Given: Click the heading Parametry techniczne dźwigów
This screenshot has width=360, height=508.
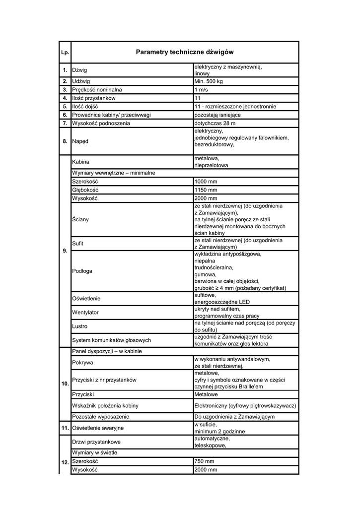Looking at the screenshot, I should (184, 52).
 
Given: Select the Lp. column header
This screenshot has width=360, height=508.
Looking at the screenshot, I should (65, 53).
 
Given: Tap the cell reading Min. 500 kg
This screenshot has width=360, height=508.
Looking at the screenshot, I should (209, 81).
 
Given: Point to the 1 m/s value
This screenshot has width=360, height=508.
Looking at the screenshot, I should (201, 90).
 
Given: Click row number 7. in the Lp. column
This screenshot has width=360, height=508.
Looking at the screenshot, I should (65, 123).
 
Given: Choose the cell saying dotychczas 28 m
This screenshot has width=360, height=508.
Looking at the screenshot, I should (215, 123).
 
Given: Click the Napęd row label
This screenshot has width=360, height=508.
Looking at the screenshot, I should (80, 141).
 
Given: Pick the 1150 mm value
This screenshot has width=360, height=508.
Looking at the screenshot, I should (206, 190).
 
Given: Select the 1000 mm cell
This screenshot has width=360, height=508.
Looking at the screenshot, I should (206, 182).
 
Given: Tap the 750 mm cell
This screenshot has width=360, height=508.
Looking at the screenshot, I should (204, 461).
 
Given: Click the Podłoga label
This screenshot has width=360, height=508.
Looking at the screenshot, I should (82, 271).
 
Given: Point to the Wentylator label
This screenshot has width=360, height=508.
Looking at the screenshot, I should (85, 313).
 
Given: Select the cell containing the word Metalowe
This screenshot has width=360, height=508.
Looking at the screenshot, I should (206, 394).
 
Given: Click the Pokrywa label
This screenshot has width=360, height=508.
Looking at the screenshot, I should (83, 363).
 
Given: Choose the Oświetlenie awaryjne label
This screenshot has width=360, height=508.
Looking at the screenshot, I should (98, 428).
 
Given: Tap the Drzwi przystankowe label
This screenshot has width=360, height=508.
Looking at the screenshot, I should (96, 442).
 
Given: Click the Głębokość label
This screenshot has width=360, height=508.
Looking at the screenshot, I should (85, 190).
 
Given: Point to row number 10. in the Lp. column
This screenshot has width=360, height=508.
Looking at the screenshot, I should (65, 384).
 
